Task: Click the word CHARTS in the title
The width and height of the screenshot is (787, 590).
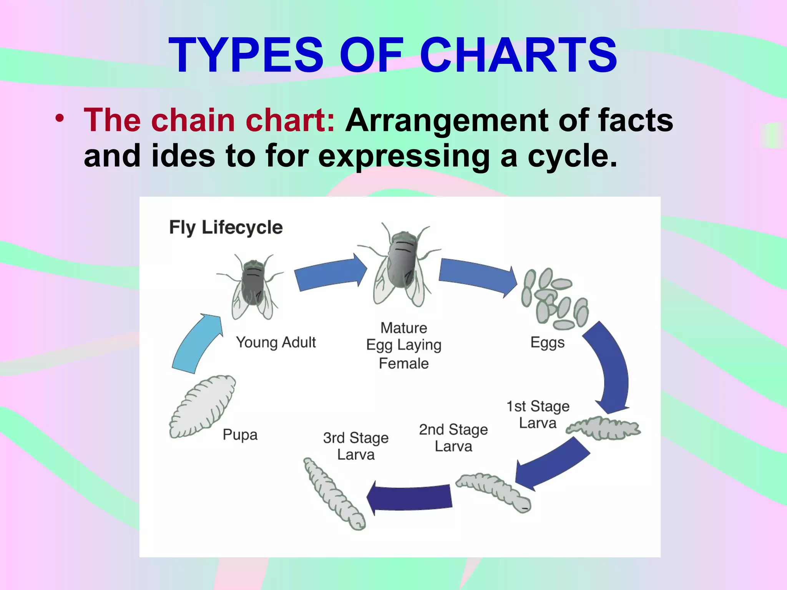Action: click(x=518, y=55)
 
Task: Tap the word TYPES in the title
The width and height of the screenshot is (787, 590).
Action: click(x=246, y=55)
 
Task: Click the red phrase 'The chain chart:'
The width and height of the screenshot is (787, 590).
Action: click(x=209, y=120)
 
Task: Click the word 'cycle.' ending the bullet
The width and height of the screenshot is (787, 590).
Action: click(x=573, y=156)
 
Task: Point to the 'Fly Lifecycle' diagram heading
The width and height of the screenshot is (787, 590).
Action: click(x=226, y=227)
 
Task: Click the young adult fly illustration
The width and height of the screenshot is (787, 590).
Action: click(x=252, y=286)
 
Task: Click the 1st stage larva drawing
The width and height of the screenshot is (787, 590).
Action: click(x=603, y=428)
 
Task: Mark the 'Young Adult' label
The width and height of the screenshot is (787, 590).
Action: click(x=276, y=342)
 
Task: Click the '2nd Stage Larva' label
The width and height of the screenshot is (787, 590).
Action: click(x=453, y=438)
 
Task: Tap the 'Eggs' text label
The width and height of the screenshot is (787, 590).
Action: click(x=548, y=342)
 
